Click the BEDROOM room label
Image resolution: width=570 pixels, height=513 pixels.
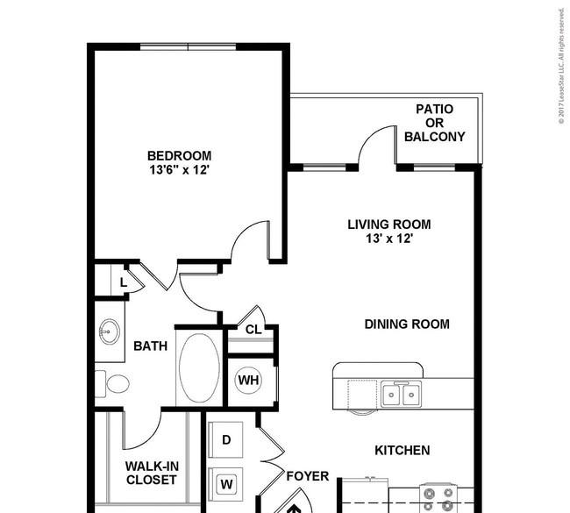pos(179,156)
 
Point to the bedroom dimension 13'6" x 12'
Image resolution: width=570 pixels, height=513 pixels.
pos(179,170)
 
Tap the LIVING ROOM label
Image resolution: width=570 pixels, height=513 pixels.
pos(389,224)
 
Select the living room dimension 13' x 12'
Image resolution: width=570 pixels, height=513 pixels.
pos(389,239)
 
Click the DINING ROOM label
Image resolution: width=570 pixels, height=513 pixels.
pos(407,324)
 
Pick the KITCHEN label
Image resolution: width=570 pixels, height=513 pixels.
pos(403,451)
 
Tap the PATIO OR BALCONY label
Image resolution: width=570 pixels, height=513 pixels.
pos(435,123)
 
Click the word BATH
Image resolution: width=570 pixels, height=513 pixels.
pos(151,346)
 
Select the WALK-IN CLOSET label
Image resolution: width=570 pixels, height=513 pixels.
pos(152,473)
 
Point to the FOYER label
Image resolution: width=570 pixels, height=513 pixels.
pos(308,476)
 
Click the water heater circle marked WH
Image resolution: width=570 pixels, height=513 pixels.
pos(249,381)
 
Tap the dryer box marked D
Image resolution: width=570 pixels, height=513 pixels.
pos(226,440)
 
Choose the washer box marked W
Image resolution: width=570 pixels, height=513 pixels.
pos(226,484)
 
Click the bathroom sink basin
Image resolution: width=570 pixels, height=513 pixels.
pos(109,331)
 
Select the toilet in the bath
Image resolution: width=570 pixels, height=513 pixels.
pos(113,384)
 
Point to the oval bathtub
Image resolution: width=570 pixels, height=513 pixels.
pos(199,368)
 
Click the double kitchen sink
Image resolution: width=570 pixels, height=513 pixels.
pos(402,394)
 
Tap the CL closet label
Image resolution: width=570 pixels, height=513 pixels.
pos(253,330)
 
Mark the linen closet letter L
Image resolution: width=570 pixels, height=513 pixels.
pos(124,282)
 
